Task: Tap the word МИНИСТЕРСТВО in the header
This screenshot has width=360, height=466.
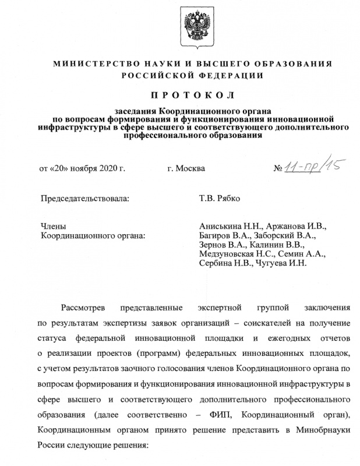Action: click(x=89, y=63)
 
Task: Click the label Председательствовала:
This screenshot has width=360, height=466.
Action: click(x=84, y=198)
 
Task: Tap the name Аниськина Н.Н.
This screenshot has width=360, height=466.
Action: click(x=224, y=225)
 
